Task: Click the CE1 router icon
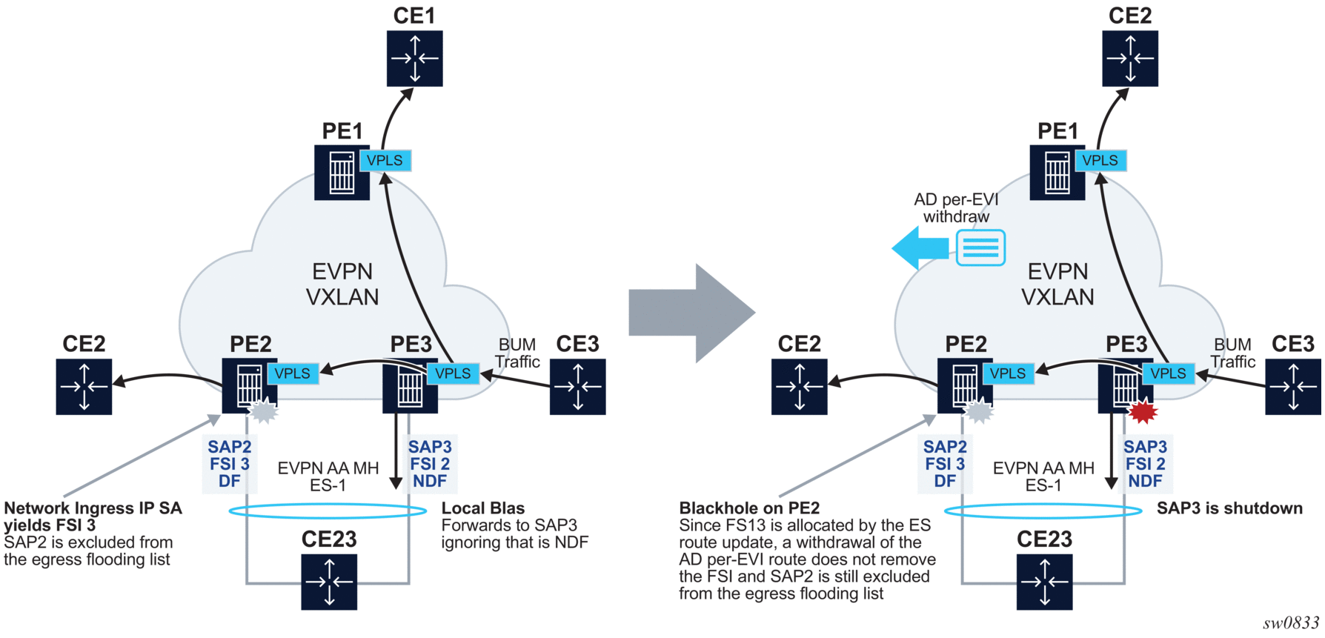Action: click(414, 59)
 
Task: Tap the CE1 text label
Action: click(414, 16)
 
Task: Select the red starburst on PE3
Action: click(1142, 410)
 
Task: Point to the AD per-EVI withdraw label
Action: click(956, 208)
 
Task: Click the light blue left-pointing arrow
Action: click(920, 247)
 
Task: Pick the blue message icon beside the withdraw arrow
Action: click(980, 247)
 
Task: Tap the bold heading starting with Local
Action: click(482, 508)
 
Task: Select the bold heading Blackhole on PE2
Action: click(749, 508)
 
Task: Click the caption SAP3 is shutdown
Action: click(1229, 508)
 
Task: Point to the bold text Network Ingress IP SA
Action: click(93, 508)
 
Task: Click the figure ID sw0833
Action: click(1290, 623)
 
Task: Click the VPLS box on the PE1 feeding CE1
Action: click(385, 160)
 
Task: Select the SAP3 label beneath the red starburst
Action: click(1145, 447)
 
